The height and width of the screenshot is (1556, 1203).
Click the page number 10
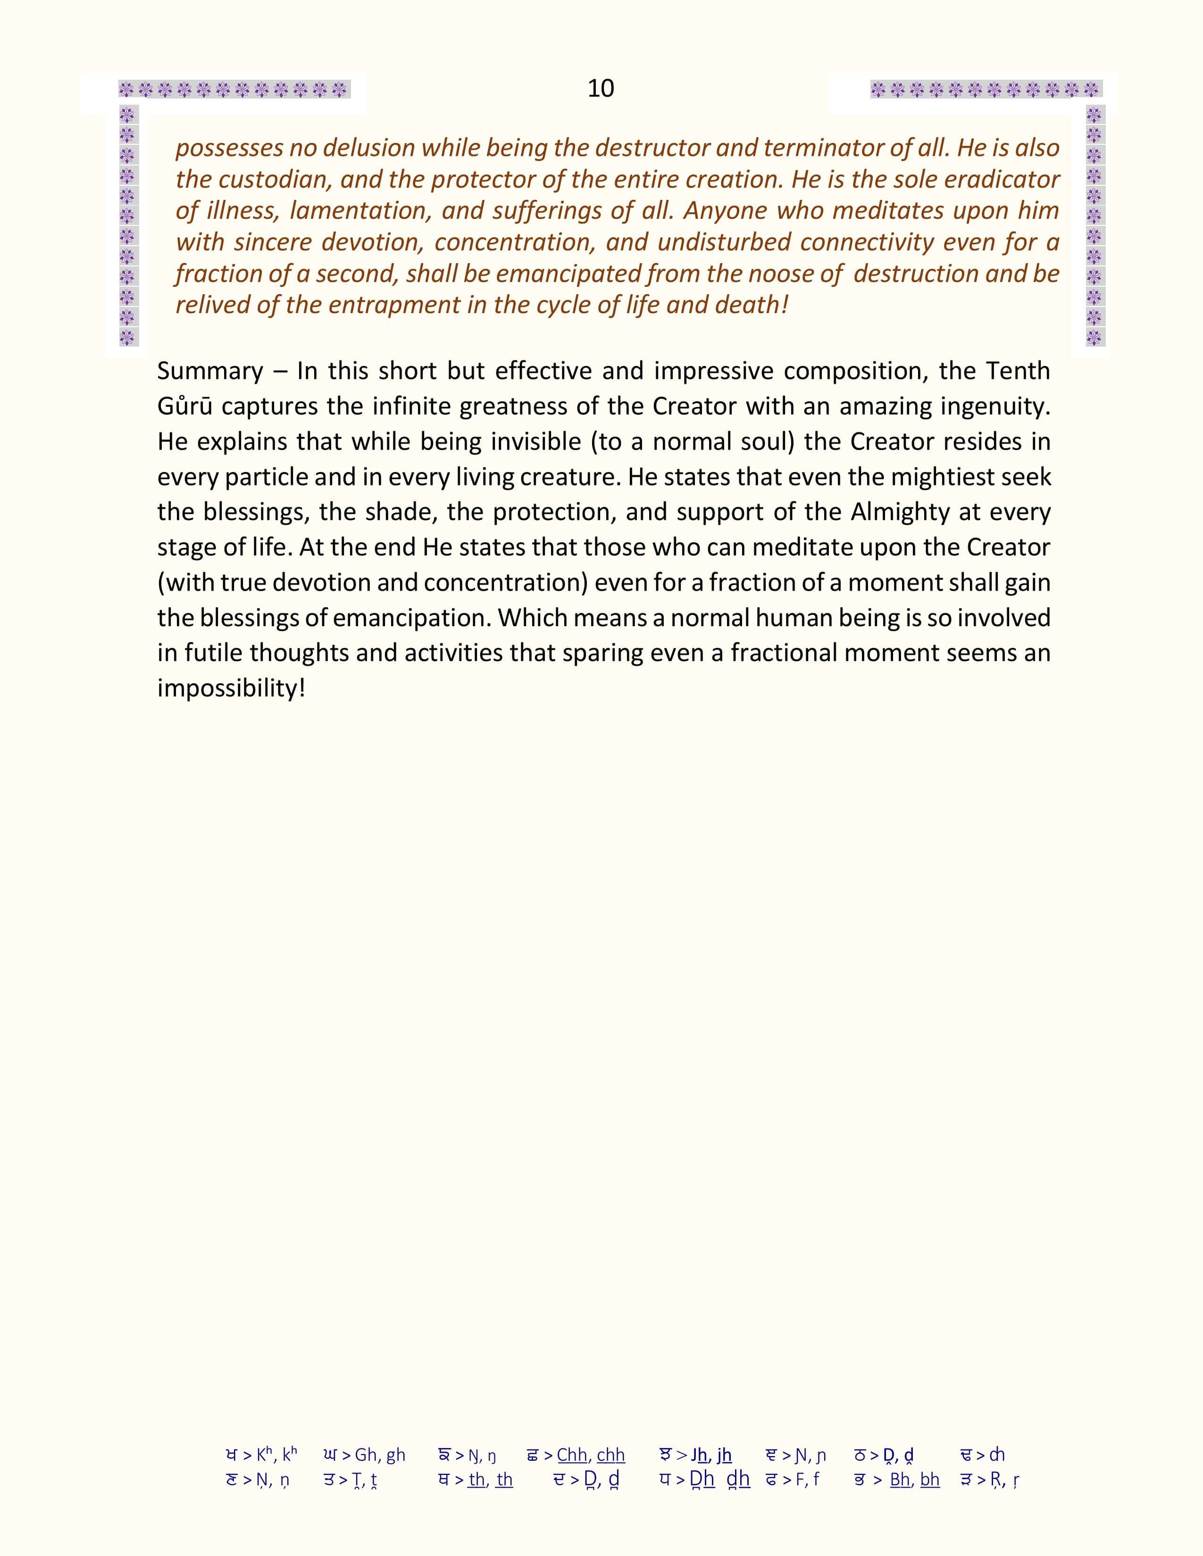[601, 88]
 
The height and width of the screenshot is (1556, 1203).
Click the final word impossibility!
[231, 688]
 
